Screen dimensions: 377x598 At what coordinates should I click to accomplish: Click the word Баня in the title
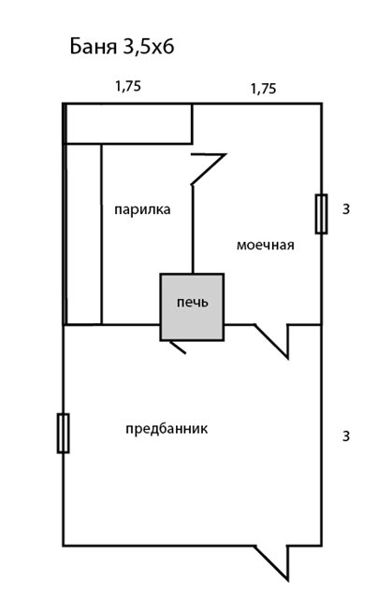(93, 47)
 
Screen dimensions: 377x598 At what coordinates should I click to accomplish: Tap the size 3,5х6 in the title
(148, 48)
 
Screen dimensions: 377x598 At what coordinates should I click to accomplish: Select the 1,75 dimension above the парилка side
(128, 86)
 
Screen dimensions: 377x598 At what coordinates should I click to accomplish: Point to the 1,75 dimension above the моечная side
(264, 89)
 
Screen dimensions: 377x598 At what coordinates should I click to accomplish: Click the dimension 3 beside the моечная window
(346, 209)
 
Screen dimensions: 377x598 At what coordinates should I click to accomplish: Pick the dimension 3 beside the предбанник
(346, 435)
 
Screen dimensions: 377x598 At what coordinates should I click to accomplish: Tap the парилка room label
(142, 210)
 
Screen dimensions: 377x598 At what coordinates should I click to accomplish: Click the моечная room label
(266, 245)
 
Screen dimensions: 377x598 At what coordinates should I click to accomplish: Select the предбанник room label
(167, 428)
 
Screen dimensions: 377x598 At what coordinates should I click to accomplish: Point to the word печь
(193, 303)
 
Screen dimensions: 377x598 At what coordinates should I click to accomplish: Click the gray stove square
(192, 307)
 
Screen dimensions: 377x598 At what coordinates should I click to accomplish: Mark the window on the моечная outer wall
(321, 214)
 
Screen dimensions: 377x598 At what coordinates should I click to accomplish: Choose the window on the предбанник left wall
(63, 434)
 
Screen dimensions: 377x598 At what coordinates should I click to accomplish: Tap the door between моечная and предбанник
(272, 342)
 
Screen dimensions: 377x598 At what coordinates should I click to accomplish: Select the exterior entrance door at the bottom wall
(272, 563)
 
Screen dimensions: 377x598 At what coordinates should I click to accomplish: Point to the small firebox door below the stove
(178, 347)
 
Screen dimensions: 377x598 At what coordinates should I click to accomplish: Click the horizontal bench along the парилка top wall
(128, 123)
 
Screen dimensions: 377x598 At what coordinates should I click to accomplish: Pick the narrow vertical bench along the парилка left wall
(83, 235)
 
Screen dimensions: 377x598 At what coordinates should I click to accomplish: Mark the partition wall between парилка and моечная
(193, 230)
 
